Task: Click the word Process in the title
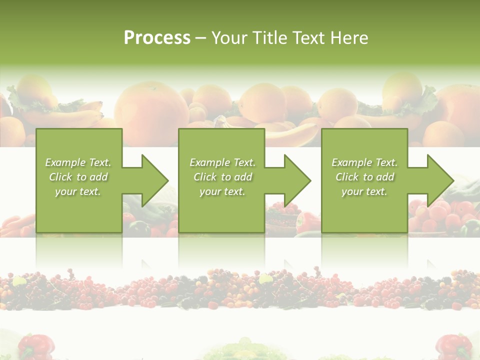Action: (x=157, y=38)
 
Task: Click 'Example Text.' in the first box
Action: (x=78, y=162)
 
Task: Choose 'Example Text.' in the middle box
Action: (x=222, y=162)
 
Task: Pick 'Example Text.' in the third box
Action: (x=364, y=162)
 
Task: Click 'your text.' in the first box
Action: (x=78, y=191)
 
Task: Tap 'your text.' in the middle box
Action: (x=222, y=191)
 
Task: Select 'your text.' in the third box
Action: (x=364, y=191)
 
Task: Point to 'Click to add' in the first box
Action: (x=78, y=177)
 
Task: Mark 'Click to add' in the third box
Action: (x=364, y=177)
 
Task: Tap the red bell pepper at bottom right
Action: (x=453, y=346)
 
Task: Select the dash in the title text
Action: (x=201, y=38)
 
